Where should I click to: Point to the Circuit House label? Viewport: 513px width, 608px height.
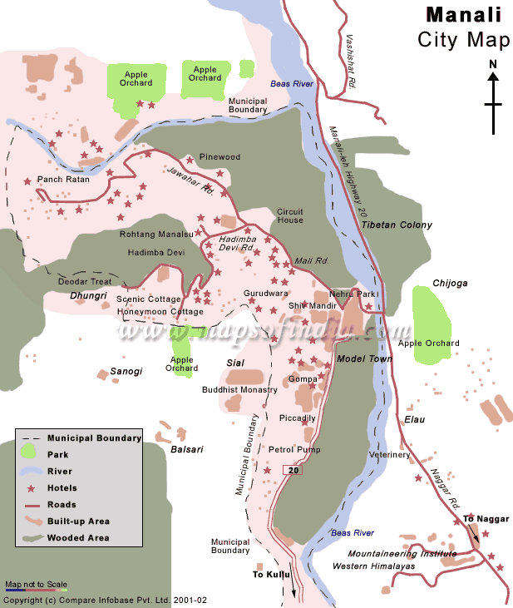click(x=290, y=215)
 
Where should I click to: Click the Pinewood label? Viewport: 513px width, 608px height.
click(x=220, y=157)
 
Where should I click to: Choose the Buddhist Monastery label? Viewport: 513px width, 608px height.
click(x=239, y=389)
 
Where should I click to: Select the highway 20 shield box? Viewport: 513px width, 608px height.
click(x=292, y=470)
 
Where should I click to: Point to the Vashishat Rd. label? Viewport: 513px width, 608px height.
click(x=351, y=62)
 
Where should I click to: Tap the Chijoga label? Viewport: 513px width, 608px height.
click(x=450, y=283)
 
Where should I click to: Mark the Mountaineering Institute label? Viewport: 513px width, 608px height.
click(x=402, y=554)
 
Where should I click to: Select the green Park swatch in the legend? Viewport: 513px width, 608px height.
click(x=29, y=453)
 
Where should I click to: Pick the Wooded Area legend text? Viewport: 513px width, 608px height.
click(x=77, y=538)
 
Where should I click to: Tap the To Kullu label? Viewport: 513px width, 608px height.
click(x=269, y=574)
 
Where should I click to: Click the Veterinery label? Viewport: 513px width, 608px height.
click(x=389, y=455)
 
